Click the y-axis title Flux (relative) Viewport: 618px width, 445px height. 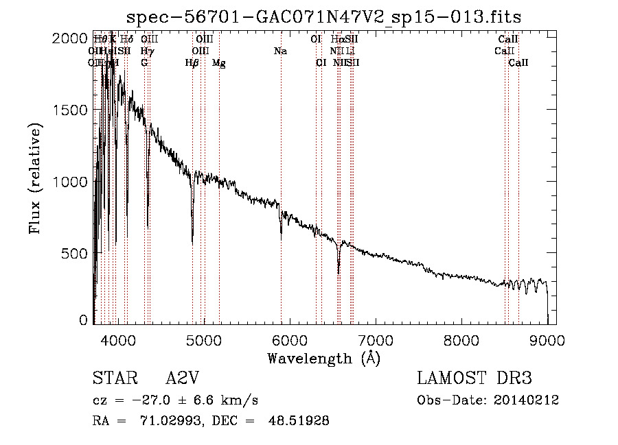(36, 178)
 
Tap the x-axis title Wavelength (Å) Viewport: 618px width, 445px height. (323, 358)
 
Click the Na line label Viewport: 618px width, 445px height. (280, 51)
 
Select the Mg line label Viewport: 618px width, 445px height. (219, 63)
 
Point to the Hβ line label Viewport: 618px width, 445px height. (192, 63)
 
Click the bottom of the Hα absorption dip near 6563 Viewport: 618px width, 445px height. (339, 273)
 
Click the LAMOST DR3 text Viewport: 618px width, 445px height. (474, 379)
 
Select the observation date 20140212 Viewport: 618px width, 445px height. (529, 400)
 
